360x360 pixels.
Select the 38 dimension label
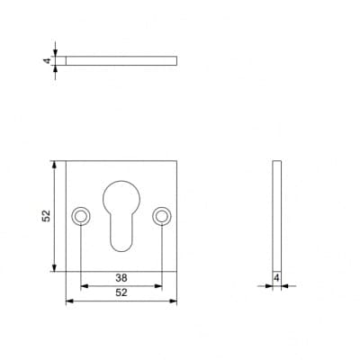click(121, 278)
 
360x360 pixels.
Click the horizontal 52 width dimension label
click(121, 292)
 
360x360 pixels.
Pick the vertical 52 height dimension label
click(46, 216)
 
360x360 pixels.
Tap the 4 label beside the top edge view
click(47, 61)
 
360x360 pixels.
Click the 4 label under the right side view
click(276, 278)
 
